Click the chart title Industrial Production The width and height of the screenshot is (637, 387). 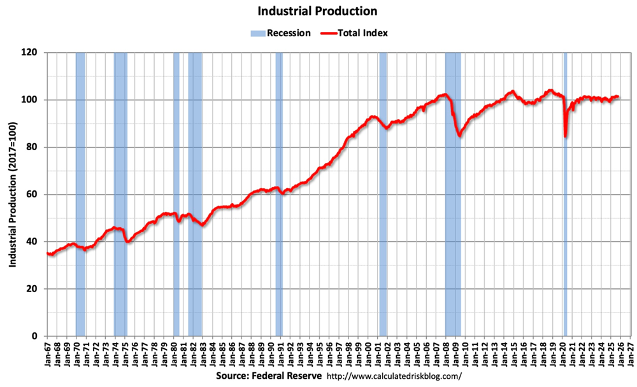pos(317,11)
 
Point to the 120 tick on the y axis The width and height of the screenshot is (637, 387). pos(39,53)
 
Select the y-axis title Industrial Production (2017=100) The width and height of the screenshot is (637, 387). pos(13,194)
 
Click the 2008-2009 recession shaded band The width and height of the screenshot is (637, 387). pos(452,191)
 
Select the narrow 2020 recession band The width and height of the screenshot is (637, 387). pos(565,191)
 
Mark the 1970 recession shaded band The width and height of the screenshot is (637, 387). pos(80,191)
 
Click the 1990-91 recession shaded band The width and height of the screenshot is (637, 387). pos(279,191)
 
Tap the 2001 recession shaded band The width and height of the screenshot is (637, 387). pos(383,191)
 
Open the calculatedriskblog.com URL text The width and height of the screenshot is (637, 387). pos(394,376)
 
